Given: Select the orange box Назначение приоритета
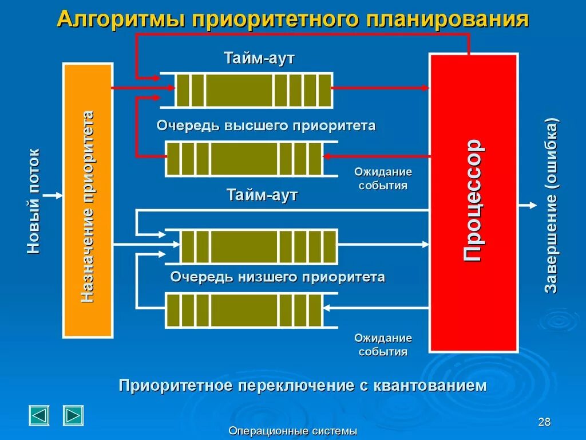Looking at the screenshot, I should pyautogui.click(x=87, y=200).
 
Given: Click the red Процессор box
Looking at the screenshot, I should pyautogui.click(x=473, y=202).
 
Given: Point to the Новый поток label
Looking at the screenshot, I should pyautogui.click(x=34, y=201).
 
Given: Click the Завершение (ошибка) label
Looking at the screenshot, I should pyautogui.click(x=551, y=206).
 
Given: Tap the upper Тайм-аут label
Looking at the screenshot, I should pyautogui.click(x=259, y=58).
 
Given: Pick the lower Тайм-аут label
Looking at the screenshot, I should pyautogui.click(x=262, y=195).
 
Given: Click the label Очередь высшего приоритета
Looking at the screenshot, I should pyautogui.click(x=266, y=125).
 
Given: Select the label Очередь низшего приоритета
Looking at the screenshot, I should pyautogui.click(x=278, y=277).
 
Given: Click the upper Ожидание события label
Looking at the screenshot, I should pyautogui.click(x=383, y=178).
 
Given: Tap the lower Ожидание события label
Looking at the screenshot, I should pyautogui.click(x=383, y=345).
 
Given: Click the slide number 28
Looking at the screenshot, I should pyautogui.click(x=544, y=423).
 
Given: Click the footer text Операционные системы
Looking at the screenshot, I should pyautogui.click(x=292, y=431).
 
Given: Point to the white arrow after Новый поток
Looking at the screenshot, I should pyautogui.click(x=54, y=195).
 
